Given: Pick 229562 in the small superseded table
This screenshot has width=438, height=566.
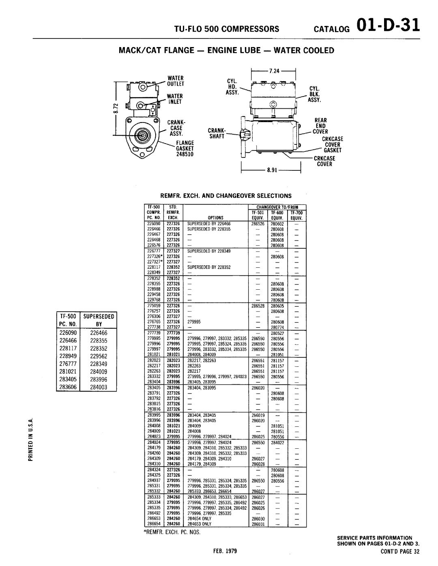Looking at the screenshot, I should pyautogui.click(x=99, y=355).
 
